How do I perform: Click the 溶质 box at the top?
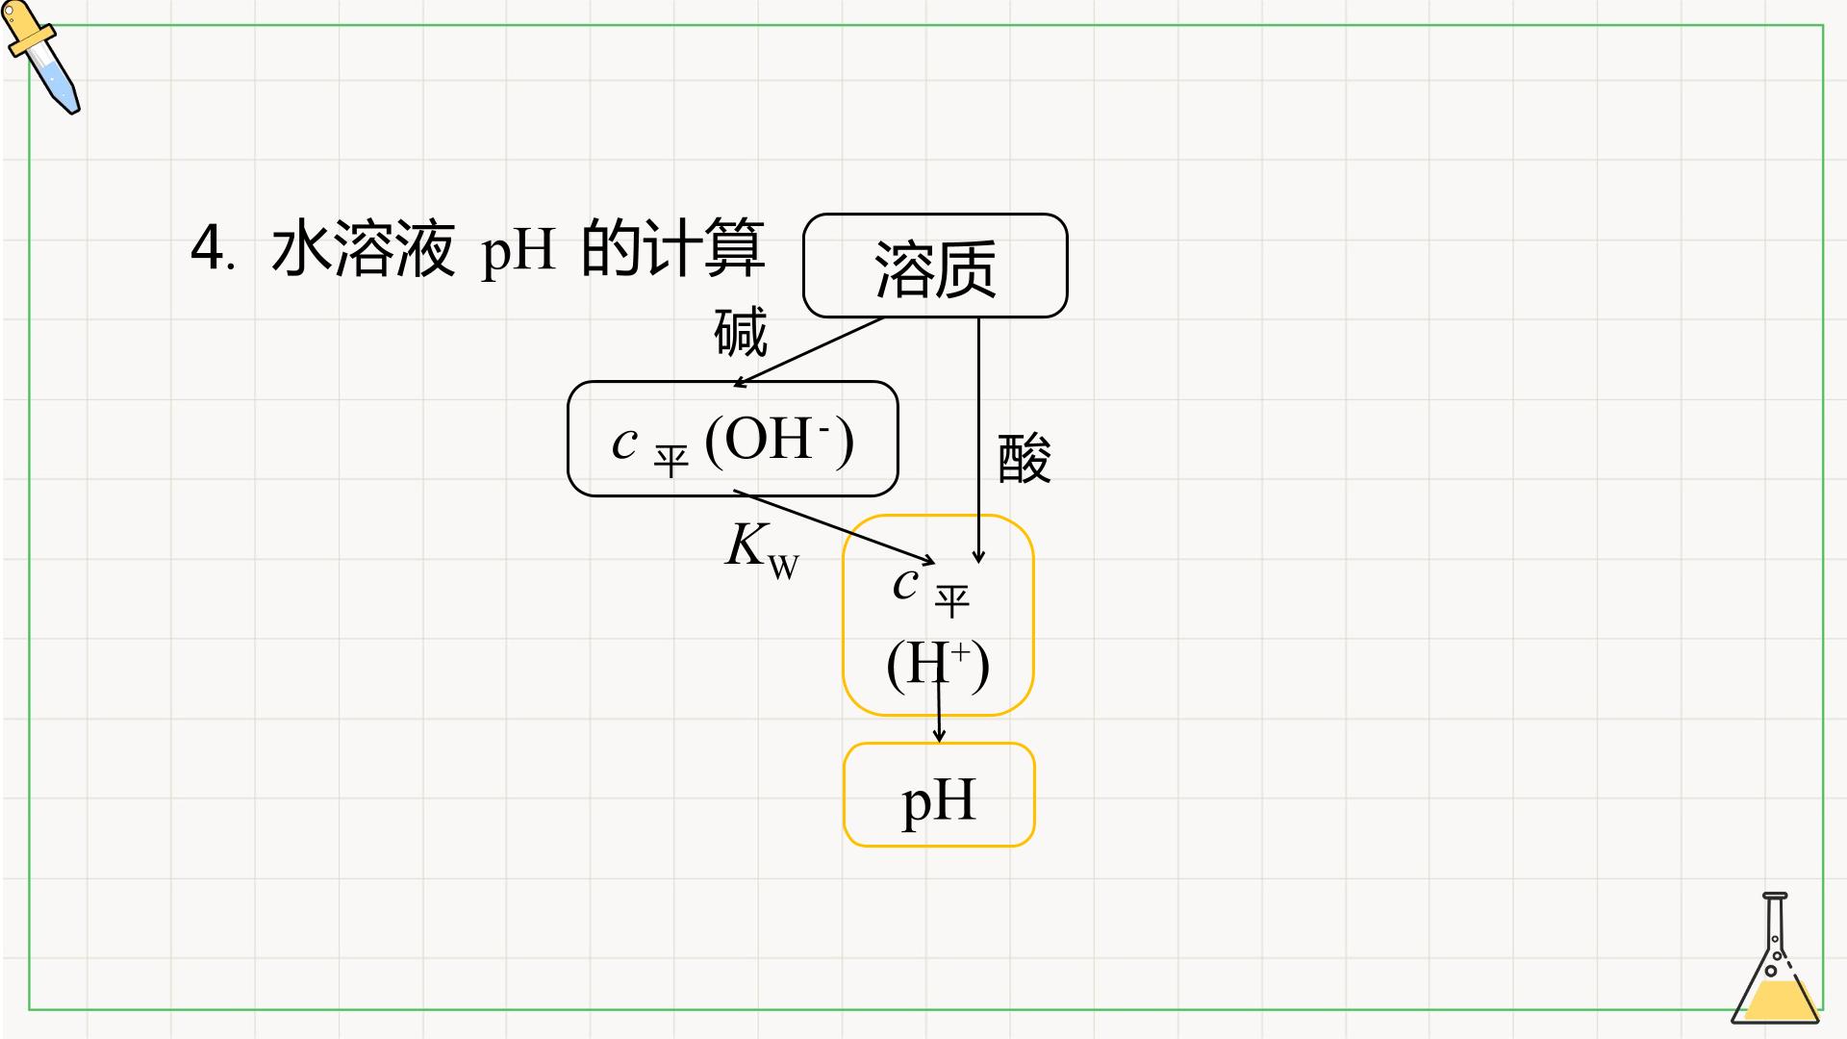(935, 266)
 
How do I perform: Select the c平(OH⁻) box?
(732, 439)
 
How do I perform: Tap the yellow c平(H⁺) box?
(938, 616)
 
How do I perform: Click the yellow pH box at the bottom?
(939, 795)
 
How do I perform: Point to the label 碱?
(741, 332)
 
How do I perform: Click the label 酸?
(1025, 458)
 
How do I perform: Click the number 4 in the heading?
(208, 248)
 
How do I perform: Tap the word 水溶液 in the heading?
(363, 248)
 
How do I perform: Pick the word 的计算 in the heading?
(673, 248)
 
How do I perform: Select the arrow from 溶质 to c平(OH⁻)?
(808, 352)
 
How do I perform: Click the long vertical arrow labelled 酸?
(978, 441)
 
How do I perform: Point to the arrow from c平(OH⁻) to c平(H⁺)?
(834, 527)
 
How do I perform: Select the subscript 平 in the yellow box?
(952, 602)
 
